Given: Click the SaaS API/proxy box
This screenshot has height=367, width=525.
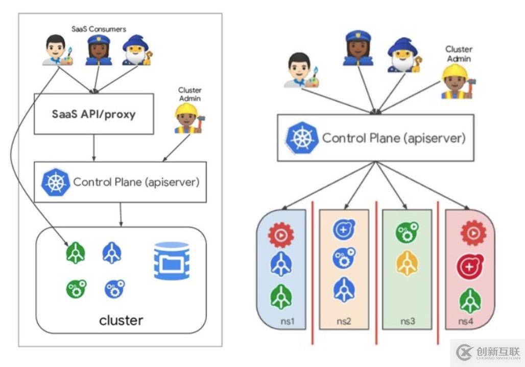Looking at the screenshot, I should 94,114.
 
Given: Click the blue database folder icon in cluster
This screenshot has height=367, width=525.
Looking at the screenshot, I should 172,260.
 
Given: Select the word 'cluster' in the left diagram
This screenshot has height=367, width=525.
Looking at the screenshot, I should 121,320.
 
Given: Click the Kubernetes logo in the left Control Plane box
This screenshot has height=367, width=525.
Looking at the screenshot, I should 53,181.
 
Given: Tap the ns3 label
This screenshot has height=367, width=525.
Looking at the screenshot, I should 408,322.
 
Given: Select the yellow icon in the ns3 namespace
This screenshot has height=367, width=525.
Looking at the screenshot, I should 406,263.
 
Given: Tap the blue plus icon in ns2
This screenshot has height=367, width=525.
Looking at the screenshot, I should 343,230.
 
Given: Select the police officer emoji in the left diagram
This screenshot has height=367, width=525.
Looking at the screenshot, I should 98,50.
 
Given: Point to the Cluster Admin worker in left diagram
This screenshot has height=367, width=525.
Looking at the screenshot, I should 187,118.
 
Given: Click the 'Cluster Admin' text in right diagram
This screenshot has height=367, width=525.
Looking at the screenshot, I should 458,54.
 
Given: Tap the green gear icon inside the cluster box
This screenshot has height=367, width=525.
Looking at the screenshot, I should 76,289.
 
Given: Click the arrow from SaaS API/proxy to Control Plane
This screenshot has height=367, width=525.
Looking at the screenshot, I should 94,148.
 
